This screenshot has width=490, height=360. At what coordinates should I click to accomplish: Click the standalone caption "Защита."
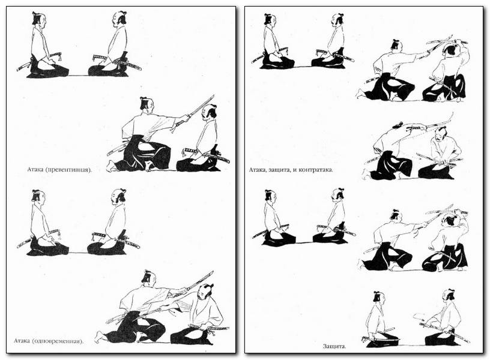(334, 346)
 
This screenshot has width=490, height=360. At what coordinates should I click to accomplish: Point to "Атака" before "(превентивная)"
(36, 170)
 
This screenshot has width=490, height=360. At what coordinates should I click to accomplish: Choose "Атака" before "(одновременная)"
(22, 341)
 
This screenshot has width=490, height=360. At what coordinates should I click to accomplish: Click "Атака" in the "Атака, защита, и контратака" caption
(257, 170)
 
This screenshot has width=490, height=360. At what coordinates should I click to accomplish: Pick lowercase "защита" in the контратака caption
(277, 170)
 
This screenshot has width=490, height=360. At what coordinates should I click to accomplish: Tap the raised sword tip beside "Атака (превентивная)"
(214, 95)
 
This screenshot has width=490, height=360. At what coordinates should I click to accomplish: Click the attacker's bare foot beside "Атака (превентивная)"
(110, 166)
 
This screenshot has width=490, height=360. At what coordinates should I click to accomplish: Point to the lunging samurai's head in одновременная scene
(149, 277)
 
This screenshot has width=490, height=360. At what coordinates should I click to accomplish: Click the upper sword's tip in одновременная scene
(213, 272)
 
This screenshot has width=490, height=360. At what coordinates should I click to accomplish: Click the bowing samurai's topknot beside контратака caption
(398, 125)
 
